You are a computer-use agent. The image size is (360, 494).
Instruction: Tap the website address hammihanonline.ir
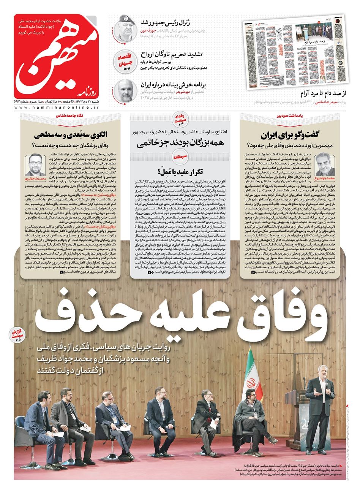click(x=57, y=108)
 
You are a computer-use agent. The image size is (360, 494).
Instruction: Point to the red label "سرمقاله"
click(x=182, y=156)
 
